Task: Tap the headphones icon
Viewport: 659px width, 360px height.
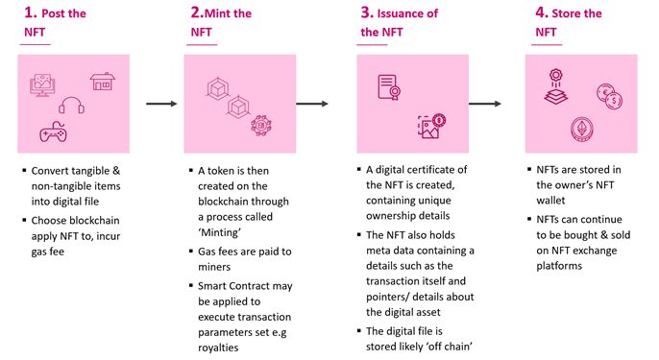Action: click(72, 105)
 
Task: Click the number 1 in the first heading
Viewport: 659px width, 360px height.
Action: click(30, 13)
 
